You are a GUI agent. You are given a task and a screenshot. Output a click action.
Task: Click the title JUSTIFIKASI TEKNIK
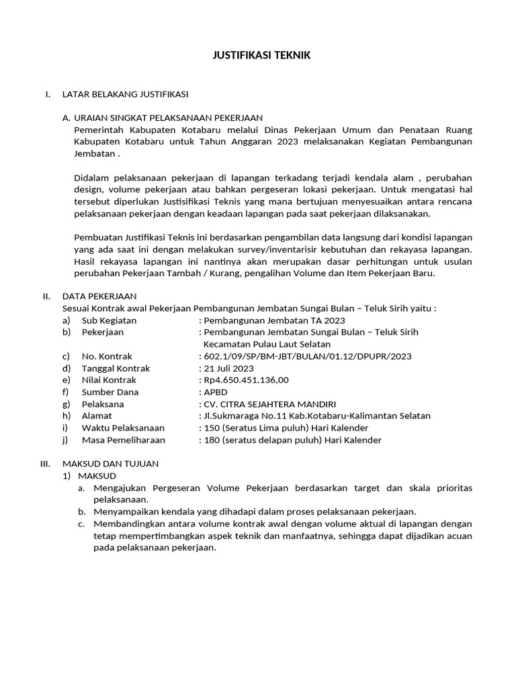(x=258, y=56)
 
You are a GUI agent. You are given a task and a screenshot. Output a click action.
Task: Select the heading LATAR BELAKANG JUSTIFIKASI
(x=125, y=93)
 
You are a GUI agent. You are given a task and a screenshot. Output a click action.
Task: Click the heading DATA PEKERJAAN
(x=99, y=296)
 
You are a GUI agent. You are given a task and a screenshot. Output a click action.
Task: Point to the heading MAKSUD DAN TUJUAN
(x=110, y=464)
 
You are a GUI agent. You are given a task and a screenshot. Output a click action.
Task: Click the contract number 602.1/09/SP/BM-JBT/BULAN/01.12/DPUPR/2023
(x=307, y=356)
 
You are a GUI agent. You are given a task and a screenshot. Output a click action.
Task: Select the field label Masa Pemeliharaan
(x=123, y=441)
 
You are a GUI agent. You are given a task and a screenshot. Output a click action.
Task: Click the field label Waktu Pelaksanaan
(x=123, y=429)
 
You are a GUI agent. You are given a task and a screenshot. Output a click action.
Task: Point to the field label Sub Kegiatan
(x=109, y=320)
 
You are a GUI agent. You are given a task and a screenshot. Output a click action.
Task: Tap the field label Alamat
(x=97, y=417)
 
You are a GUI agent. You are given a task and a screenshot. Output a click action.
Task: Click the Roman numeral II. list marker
(x=46, y=296)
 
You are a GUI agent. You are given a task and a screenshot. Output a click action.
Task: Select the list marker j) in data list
(x=66, y=441)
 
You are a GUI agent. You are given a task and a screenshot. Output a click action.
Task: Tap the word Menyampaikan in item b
(x=125, y=511)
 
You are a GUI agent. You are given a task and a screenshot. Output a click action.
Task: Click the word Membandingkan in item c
(x=128, y=523)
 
